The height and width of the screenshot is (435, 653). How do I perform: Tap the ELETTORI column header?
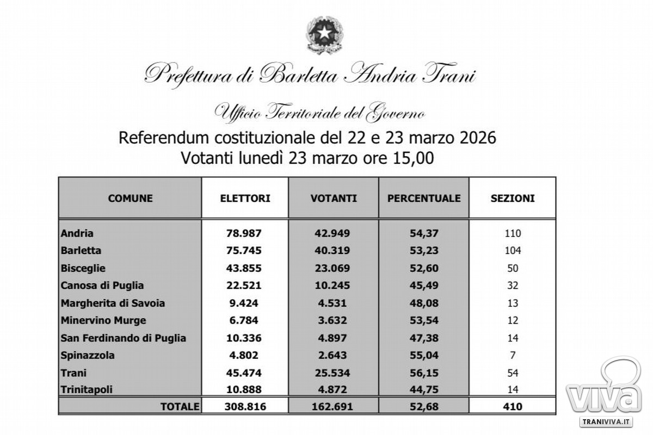coord(245,198)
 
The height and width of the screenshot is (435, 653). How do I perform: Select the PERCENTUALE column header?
coord(424,198)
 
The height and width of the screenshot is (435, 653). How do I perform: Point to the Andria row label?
coord(77,233)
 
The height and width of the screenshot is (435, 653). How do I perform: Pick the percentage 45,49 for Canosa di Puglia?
coord(424,285)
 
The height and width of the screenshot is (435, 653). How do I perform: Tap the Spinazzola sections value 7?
coord(513,356)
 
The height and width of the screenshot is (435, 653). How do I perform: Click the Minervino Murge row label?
coord(103,320)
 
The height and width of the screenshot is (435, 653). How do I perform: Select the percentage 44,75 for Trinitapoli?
coord(424,390)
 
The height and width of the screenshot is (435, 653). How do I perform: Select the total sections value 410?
coord(513,406)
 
